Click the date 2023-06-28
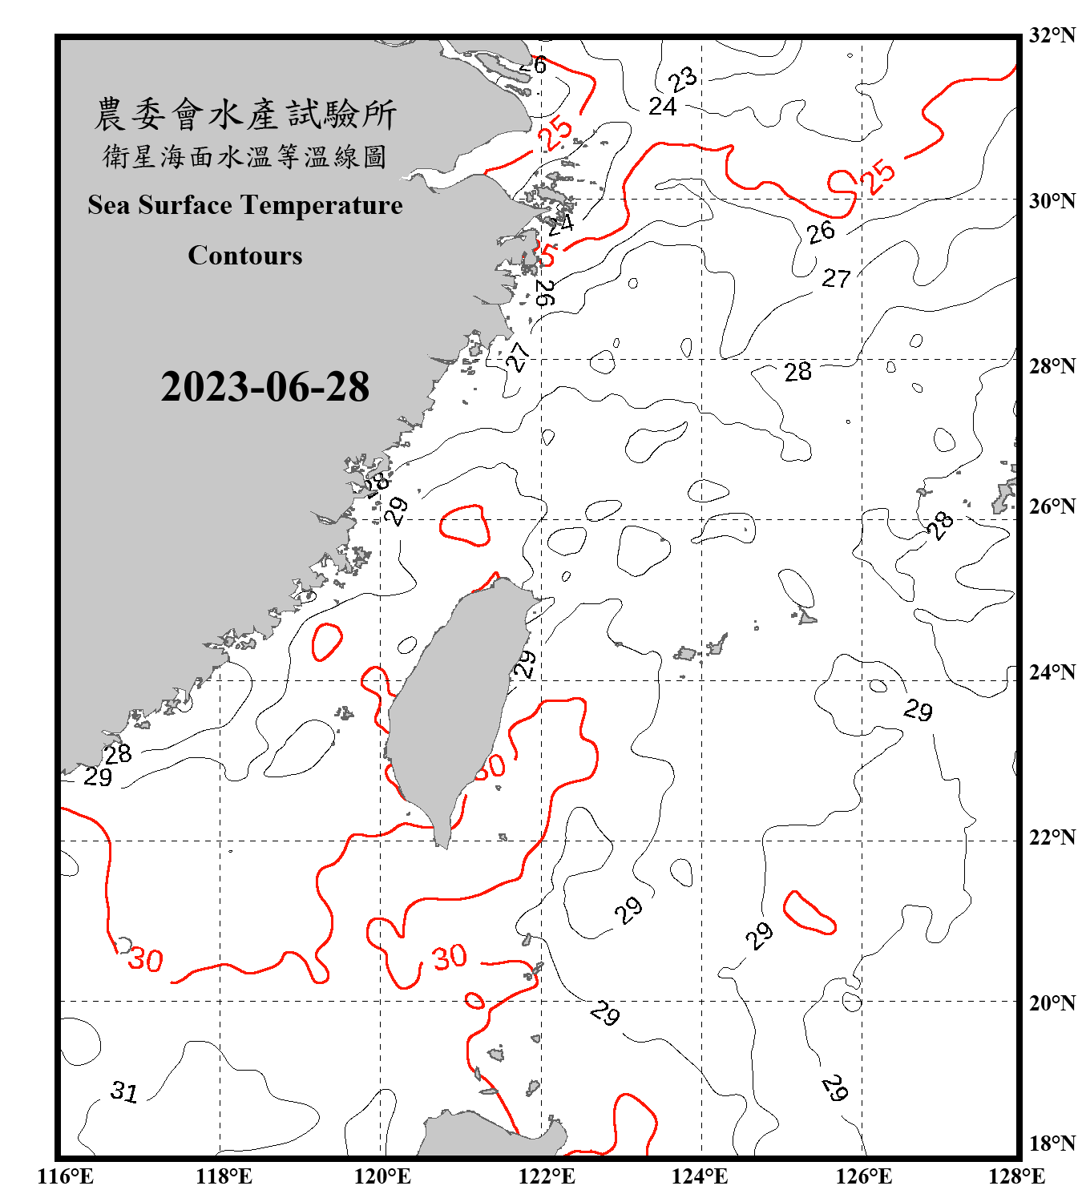tap(264, 387)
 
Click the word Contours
tap(245, 256)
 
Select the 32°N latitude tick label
tap(1052, 35)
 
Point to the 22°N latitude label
tap(1052, 838)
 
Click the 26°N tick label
tap(1052, 506)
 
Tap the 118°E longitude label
tap(224, 1177)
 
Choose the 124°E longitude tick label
tap(700, 1177)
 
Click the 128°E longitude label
tap(1016, 1177)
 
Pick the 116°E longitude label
tap(66, 1177)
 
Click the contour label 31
tap(124, 1091)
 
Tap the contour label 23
tap(683, 79)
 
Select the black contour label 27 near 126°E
tap(836, 278)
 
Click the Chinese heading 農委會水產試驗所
tap(245, 115)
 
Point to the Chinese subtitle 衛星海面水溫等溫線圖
tap(245, 157)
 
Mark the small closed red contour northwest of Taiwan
tap(464, 526)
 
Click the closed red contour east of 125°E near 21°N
tap(809, 914)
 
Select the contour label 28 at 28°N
tap(797, 372)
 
